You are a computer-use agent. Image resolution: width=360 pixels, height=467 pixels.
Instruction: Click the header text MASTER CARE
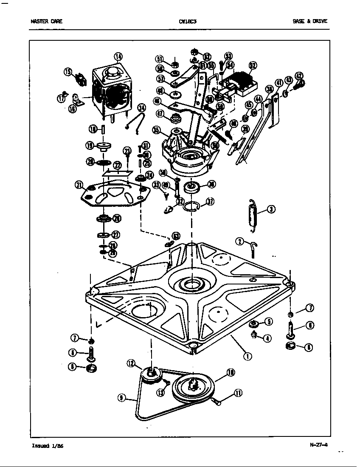(47, 21)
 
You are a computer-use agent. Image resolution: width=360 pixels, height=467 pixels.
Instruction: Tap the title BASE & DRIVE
(310, 21)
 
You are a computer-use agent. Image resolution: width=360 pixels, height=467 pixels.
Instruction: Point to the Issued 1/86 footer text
(48, 446)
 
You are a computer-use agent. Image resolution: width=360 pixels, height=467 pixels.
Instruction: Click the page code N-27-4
(319, 445)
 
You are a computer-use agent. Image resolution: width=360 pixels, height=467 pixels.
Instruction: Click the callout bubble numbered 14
(118, 56)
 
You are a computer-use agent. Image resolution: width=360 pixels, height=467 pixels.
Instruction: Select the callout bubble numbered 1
(246, 356)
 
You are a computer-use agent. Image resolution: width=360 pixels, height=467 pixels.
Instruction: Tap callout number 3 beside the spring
(271, 209)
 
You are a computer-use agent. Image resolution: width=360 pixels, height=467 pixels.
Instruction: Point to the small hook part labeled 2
(253, 248)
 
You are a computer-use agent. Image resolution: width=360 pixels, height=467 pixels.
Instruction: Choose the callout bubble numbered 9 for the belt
(123, 397)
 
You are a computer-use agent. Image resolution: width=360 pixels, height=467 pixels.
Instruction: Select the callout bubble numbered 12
(131, 363)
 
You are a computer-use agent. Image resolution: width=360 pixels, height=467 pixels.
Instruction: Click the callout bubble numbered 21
(79, 184)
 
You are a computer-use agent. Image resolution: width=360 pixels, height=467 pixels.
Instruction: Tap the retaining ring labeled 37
(191, 207)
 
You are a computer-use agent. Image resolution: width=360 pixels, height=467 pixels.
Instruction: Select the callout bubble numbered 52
(253, 65)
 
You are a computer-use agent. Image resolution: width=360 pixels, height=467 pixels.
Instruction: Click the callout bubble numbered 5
(268, 322)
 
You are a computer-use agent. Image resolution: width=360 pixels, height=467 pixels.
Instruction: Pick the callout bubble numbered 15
(68, 72)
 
